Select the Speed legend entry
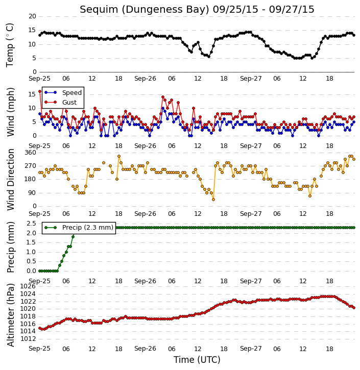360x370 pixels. (63, 92)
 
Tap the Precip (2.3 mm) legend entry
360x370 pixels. (79, 228)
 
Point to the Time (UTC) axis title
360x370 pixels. (197, 360)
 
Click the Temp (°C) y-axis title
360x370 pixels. (10, 45)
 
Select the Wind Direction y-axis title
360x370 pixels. (11, 180)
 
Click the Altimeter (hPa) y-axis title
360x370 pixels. (11, 315)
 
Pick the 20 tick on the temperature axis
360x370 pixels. (32, 16)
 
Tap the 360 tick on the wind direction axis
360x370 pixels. (31, 153)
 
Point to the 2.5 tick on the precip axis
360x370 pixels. (31, 224)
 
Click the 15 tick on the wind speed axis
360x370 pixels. (32, 94)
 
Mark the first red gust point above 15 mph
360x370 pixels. (40, 91)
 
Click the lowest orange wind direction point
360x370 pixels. (213, 200)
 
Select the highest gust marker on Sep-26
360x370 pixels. (163, 97)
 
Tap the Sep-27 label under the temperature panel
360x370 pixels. (251, 79)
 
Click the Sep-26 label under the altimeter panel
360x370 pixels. (145, 349)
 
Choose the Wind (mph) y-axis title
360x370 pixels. (11, 112)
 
